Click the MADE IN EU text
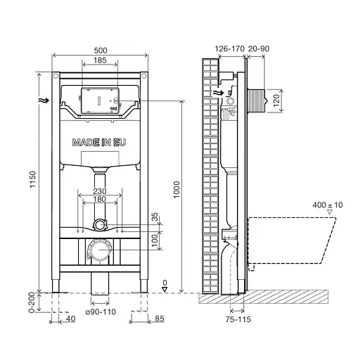tap(101, 142)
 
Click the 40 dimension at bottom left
tap(69, 319)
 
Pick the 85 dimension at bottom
tap(159, 319)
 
